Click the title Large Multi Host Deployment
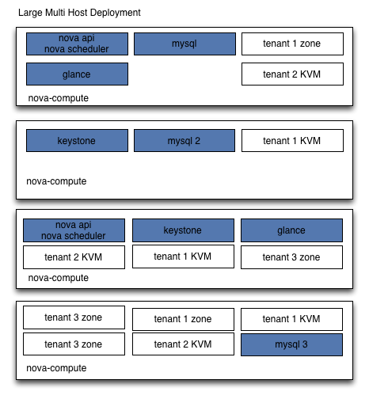tap(79, 13)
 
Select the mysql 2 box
tap(184, 140)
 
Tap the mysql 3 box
tap(291, 344)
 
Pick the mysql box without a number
tap(184, 44)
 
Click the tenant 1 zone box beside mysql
tap(292, 44)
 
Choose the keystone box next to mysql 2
tap(77, 140)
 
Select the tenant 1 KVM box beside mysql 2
tap(292, 140)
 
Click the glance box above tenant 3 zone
tap(291, 230)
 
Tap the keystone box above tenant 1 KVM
tap(183, 230)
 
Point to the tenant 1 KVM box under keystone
tap(183, 256)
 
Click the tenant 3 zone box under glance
tap(291, 257)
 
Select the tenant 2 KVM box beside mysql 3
tap(183, 344)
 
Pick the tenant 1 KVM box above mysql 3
tap(291, 319)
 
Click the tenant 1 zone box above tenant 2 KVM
tap(183, 319)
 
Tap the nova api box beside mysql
tap(77, 44)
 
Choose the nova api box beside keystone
tap(74, 230)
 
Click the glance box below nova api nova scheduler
tap(77, 74)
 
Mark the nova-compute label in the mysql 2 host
tap(56, 181)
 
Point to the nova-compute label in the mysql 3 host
tap(56, 368)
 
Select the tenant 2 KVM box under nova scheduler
tap(74, 257)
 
